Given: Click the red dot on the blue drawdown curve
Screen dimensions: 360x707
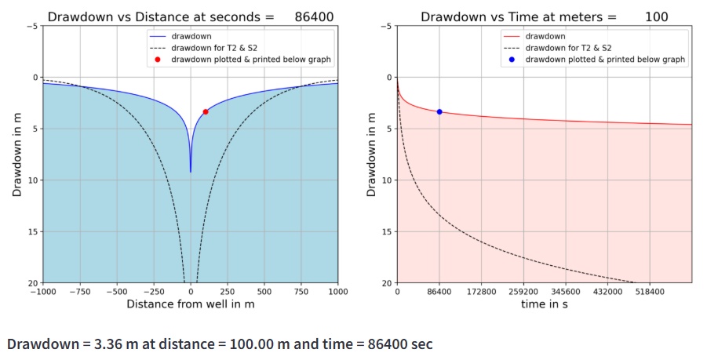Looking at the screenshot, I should click(206, 112).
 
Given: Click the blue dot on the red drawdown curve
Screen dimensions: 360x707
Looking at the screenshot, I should click(439, 112).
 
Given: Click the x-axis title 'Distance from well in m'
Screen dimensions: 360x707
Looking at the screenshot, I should click(190, 304).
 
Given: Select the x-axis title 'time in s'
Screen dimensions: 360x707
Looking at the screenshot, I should click(544, 304).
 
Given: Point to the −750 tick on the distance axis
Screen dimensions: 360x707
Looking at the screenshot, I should click(79, 291).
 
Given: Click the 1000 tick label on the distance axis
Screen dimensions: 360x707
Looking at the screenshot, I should click(338, 291).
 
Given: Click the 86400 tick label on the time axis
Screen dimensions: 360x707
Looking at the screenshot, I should click(439, 291).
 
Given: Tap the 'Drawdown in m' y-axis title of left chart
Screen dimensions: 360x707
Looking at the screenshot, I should click(16, 155).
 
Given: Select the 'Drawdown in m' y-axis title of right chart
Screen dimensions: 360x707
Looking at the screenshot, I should click(371, 155).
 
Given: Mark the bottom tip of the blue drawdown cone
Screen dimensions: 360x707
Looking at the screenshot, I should click(190, 172).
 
